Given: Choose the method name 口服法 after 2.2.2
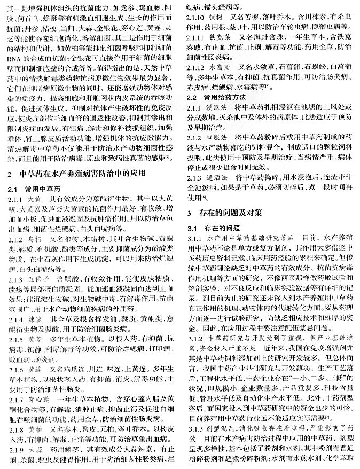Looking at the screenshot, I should pos(216,139).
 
